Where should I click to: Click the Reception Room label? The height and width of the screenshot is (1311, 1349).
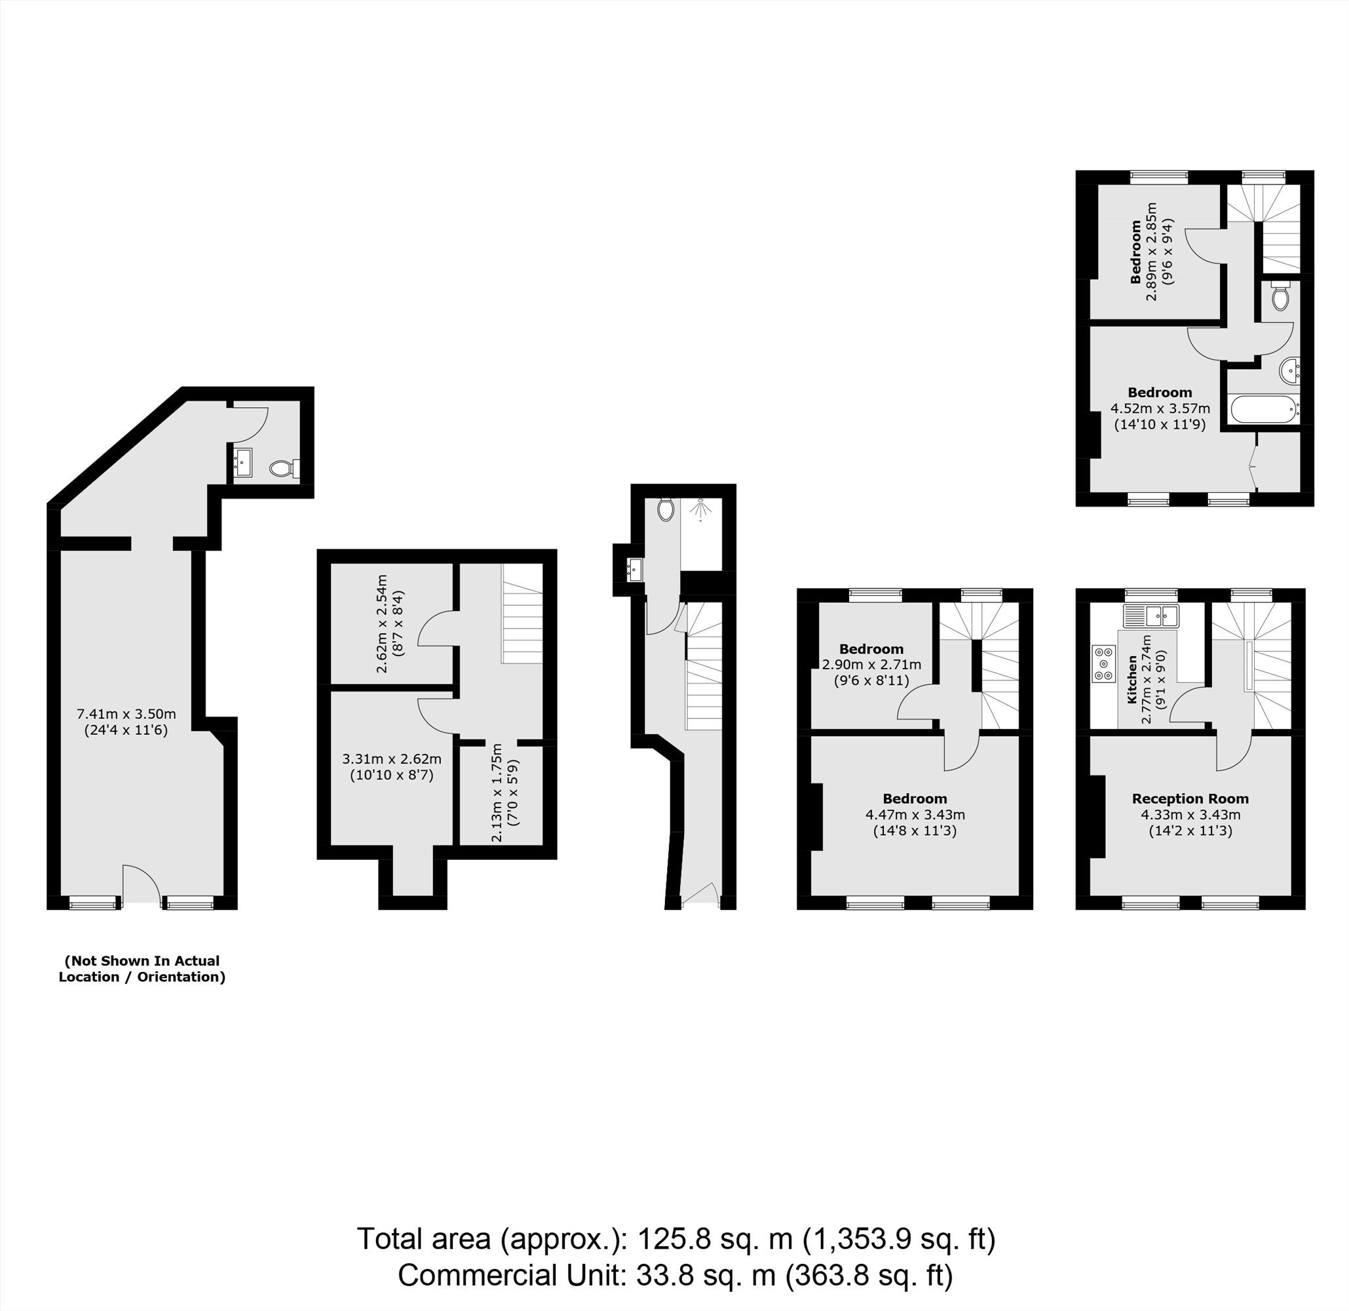1190,798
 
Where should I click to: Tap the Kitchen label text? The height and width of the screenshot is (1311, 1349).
1132,680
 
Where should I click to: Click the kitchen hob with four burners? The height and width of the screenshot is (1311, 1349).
1104,663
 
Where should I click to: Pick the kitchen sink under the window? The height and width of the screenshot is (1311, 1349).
1152,616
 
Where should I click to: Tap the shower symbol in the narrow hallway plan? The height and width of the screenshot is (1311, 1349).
701,509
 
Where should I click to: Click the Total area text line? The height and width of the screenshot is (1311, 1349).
676,1239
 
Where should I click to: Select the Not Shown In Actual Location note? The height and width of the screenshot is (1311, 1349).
142,969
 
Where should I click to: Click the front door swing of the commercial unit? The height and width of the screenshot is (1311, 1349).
141,884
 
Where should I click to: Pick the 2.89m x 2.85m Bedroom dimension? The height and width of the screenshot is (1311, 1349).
1150,250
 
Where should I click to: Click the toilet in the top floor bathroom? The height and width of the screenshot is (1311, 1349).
1280,296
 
